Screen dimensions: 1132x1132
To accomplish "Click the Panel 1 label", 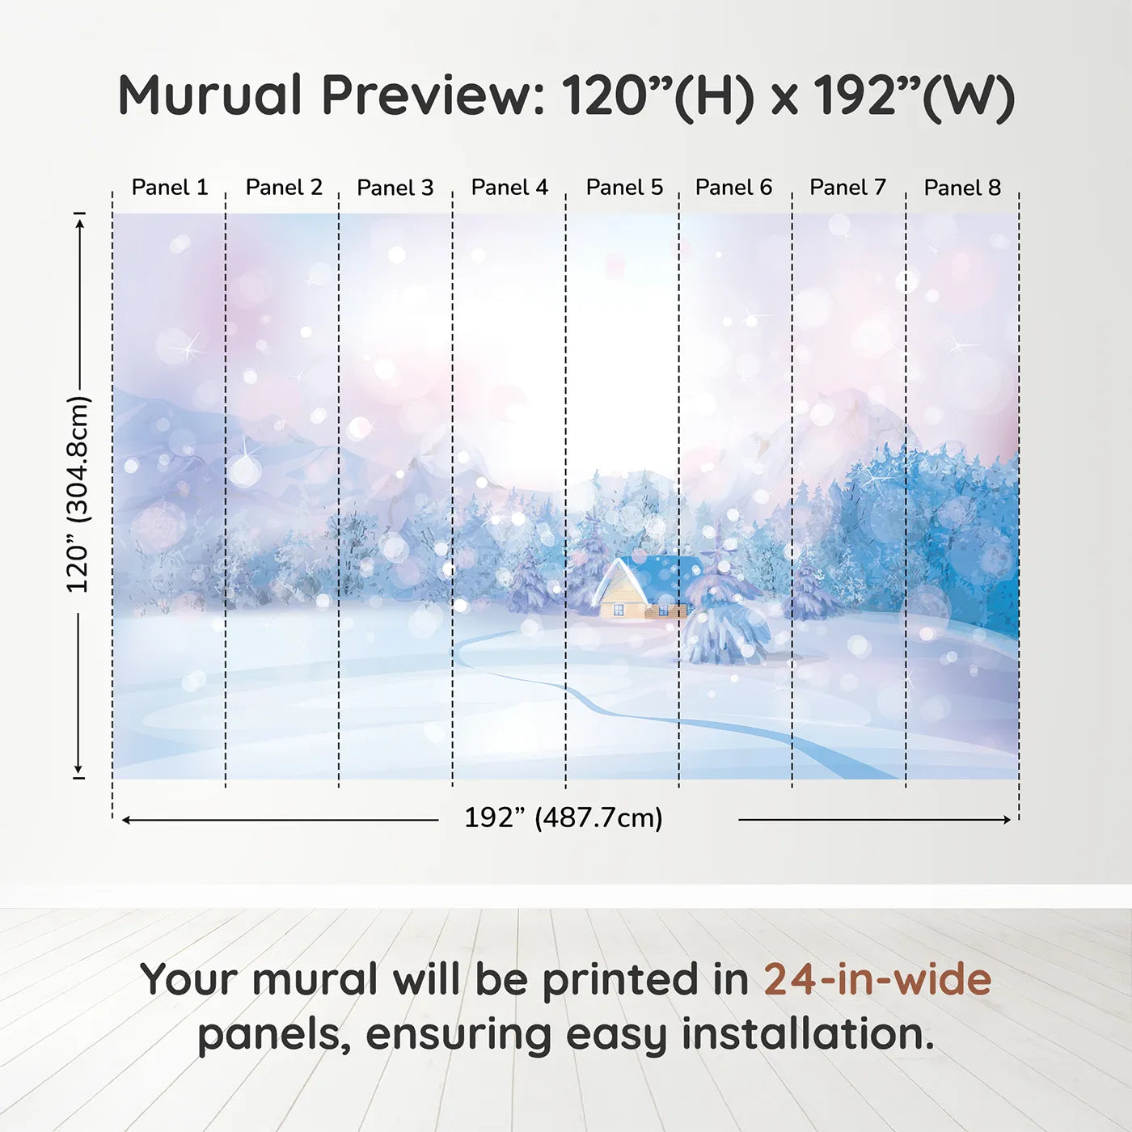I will [170, 188].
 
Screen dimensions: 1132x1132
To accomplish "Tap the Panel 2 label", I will [284, 188].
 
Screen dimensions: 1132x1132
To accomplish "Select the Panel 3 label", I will [395, 188].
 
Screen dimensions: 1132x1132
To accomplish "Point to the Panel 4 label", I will [509, 188].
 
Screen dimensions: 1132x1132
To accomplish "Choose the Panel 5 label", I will [624, 188].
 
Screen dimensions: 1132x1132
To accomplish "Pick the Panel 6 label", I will [733, 188].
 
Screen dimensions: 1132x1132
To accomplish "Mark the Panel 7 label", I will [847, 188].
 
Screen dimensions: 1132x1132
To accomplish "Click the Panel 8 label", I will [962, 188].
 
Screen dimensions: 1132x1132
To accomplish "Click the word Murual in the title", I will [210, 95].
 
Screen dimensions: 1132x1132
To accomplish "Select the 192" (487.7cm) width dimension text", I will [564, 818].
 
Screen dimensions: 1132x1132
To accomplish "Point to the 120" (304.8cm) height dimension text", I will [78, 495].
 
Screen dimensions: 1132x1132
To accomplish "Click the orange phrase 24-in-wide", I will [877, 979].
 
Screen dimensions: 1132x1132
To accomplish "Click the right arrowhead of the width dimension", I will [1007, 820].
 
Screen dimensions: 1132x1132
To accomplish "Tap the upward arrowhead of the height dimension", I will [79, 223].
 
